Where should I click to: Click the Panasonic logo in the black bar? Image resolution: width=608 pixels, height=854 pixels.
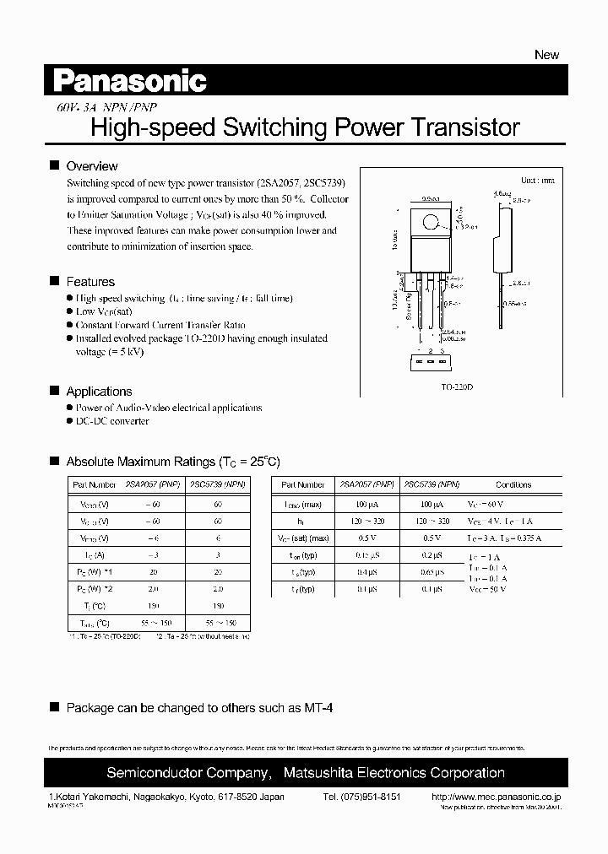coord(130,81)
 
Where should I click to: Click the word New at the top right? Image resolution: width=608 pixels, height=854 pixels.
coord(546,55)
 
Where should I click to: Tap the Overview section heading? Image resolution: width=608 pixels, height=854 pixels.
coord(91,166)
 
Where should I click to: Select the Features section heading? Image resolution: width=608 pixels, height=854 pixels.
coord(90,282)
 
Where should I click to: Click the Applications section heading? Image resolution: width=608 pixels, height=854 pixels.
coord(99,392)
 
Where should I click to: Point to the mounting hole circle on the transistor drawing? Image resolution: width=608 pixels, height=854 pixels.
coord(431,224)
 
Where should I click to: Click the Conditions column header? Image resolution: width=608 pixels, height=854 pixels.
coord(513,485)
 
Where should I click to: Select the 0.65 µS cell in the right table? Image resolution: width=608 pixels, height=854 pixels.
coord(432,572)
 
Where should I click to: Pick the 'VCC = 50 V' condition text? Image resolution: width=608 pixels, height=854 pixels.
coord(487,589)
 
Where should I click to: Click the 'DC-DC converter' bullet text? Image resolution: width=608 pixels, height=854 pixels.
coord(112,421)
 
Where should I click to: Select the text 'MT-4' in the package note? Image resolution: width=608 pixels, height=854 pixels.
coord(318,708)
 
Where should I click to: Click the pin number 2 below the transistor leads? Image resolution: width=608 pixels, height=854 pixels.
coord(430,349)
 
